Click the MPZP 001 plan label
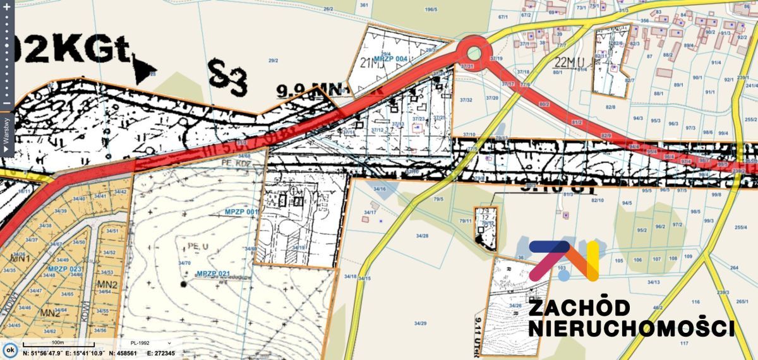coord(242,211)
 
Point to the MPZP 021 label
coord(213,273)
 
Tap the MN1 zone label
coord(21,259)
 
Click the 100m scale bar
coord(57,344)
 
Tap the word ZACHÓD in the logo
coord(578,308)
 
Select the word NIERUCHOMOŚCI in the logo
coord(630,328)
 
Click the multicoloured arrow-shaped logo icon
coord(564,260)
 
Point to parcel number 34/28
coord(421,236)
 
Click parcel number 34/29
coord(420,323)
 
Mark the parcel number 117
coord(684,343)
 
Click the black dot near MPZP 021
coord(183,284)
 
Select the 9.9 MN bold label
coord(303,92)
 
